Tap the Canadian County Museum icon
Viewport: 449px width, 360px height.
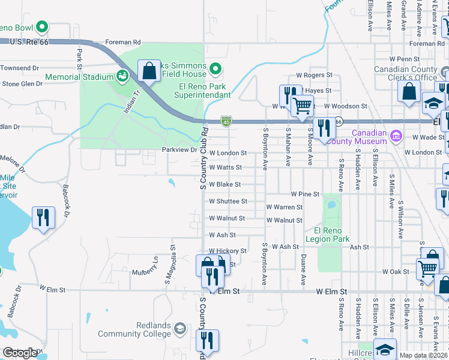click(x=396, y=136)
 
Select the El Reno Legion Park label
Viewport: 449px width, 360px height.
click(x=327, y=235)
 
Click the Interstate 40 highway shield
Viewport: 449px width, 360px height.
click(x=226, y=121)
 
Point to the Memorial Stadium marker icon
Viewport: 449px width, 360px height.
click(x=122, y=76)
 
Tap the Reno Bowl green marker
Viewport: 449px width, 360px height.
click(x=42, y=27)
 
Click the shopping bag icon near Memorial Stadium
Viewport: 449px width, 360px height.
click(x=148, y=71)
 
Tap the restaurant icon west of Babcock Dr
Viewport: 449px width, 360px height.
click(x=42, y=217)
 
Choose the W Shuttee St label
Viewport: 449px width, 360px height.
click(x=228, y=202)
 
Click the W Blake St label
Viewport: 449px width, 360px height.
click(x=224, y=185)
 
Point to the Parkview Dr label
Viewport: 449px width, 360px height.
click(x=179, y=149)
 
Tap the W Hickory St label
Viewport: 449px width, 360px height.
click(x=228, y=251)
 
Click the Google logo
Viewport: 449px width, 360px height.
click(x=20, y=352)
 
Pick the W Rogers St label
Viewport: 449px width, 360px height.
click(x=314, y=76)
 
